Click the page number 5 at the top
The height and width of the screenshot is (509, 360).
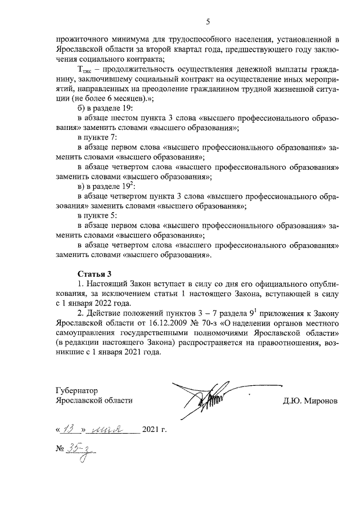(x=208, y=22)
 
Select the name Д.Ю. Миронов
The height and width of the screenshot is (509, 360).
(x=311, y=400)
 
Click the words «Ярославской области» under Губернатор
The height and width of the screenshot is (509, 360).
(x=94, y=400)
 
